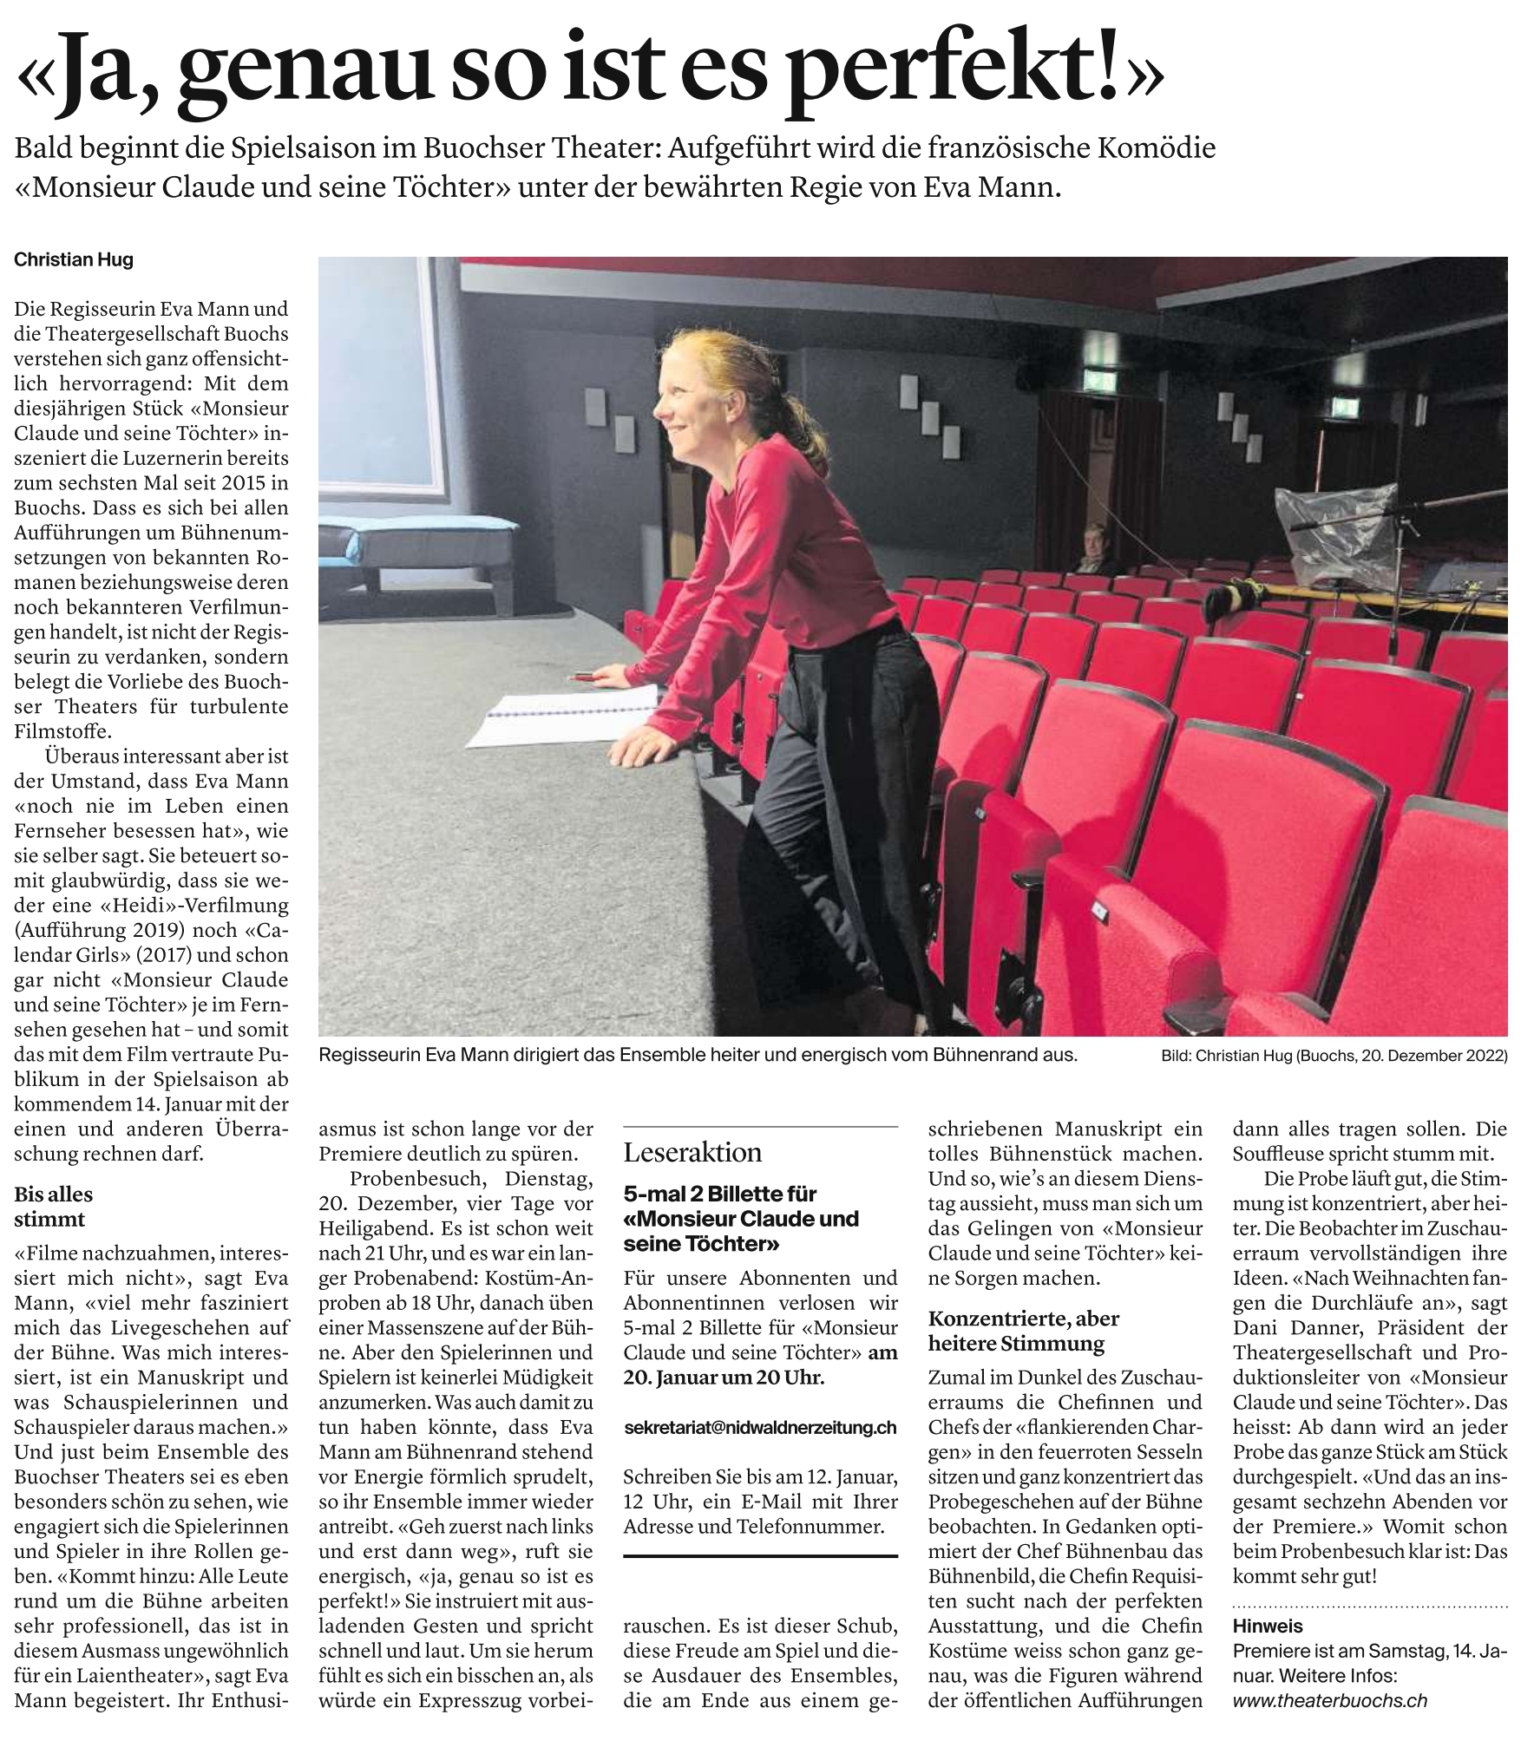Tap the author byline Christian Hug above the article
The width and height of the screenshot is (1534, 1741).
74,259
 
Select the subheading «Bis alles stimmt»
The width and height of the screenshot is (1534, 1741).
53,1207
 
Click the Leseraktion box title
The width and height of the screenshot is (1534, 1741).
692,1152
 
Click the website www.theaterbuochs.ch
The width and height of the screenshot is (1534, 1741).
1329,1701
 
